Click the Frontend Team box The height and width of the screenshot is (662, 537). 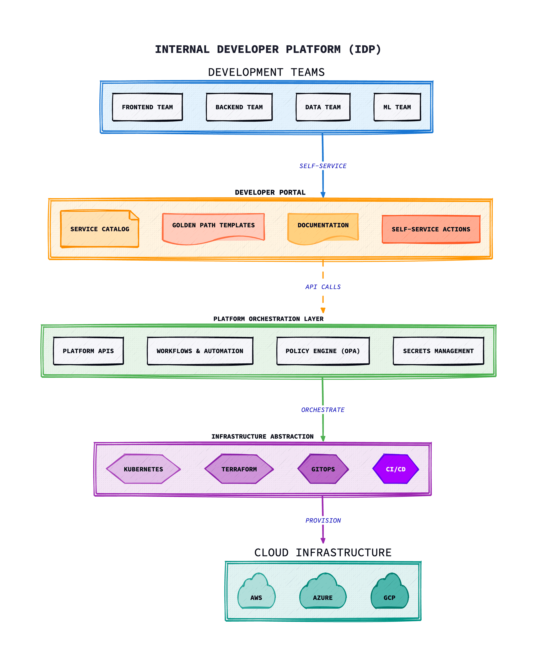point(147,107)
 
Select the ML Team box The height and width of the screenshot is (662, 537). point(397,107)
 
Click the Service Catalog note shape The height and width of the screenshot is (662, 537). point(99,229)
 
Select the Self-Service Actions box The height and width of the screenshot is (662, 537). point(431,229)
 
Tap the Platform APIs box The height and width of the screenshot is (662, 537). point(88,351)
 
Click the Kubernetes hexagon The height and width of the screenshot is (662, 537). point(143,469)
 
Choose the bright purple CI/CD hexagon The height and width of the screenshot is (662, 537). point(395,469)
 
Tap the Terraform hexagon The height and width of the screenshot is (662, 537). point(239,469)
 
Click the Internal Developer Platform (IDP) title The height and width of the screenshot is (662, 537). point(268,49)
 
